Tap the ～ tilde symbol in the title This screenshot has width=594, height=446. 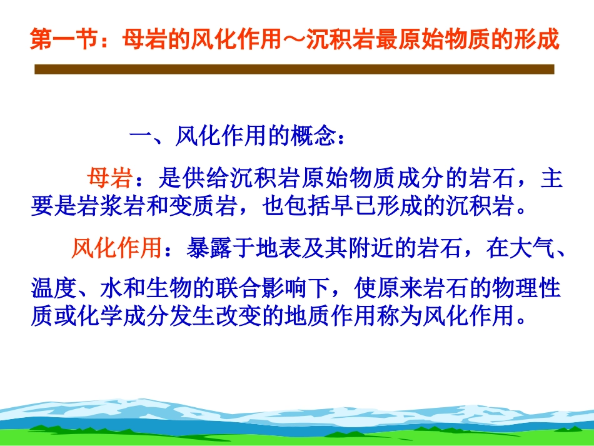click(294, 39)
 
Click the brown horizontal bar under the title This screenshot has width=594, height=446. click(294, 69)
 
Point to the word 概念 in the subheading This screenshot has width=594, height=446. click(313, 136)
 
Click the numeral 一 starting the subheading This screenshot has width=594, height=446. click(141, 136)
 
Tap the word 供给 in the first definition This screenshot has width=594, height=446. click(205, 178)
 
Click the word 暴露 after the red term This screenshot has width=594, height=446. click(209, 248)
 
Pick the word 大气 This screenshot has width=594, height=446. click(532, 248)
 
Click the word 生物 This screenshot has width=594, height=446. click(169, 288)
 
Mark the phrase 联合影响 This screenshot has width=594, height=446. click(261, 288)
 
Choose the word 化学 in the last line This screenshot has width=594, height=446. click(99, 316)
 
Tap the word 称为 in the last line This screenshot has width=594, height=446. click(400, 316)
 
